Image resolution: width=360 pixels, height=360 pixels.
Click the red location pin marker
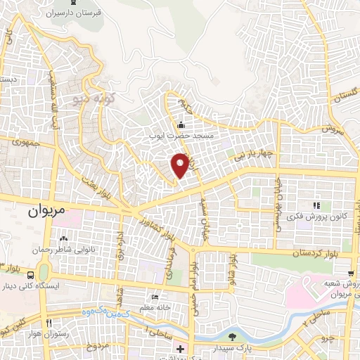click(181, 165)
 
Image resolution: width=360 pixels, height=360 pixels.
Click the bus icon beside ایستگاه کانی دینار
click(30, 274)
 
